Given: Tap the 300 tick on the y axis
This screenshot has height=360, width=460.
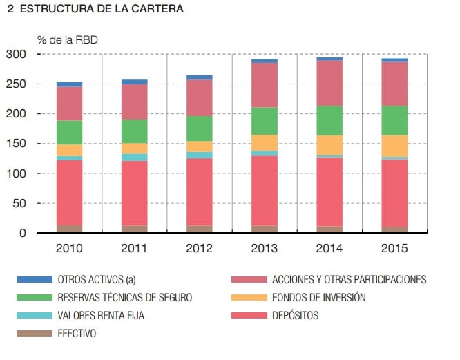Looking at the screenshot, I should pos(16,55).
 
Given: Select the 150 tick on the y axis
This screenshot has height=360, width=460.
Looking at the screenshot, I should pos(16,144).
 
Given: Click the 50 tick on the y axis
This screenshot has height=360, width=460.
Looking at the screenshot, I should pos(19,203).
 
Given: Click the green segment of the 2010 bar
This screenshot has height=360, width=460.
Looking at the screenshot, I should pos(69,132).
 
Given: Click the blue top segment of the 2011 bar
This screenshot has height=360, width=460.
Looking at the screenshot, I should pos(134,82).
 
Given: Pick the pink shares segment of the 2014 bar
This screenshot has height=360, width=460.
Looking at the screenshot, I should pos(329,83).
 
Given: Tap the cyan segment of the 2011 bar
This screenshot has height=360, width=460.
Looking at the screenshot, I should pos(134,158).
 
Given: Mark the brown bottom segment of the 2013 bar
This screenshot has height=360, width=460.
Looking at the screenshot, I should pos(264,229).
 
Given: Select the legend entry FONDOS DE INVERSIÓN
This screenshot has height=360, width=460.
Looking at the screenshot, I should pos(318,298).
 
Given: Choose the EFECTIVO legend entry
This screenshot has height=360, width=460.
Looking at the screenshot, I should pos(77,334).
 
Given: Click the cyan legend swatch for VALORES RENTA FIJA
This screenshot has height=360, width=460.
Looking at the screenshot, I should pos(35,316).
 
